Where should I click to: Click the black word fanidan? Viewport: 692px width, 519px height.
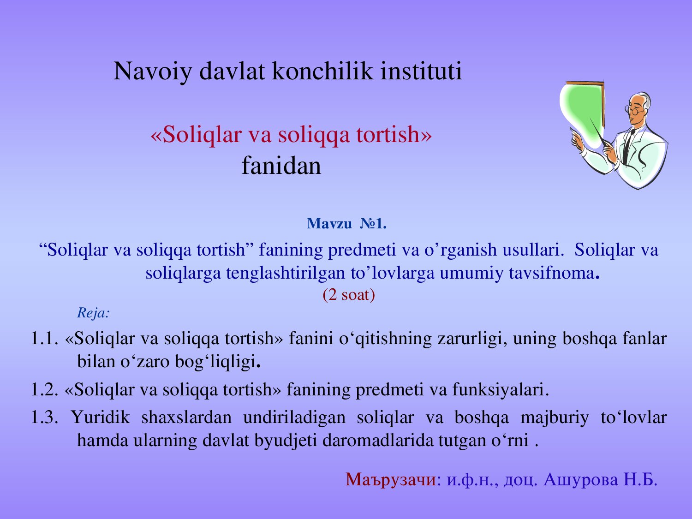pos(281,166)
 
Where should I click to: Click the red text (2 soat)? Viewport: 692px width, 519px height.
pos(349,295)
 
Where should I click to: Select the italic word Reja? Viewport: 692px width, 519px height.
pos(93,313)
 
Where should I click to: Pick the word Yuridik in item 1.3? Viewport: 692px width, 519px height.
pos(100,418)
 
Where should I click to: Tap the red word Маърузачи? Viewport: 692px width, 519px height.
pos(391,480)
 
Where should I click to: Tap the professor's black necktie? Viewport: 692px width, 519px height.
pos(629,144)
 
